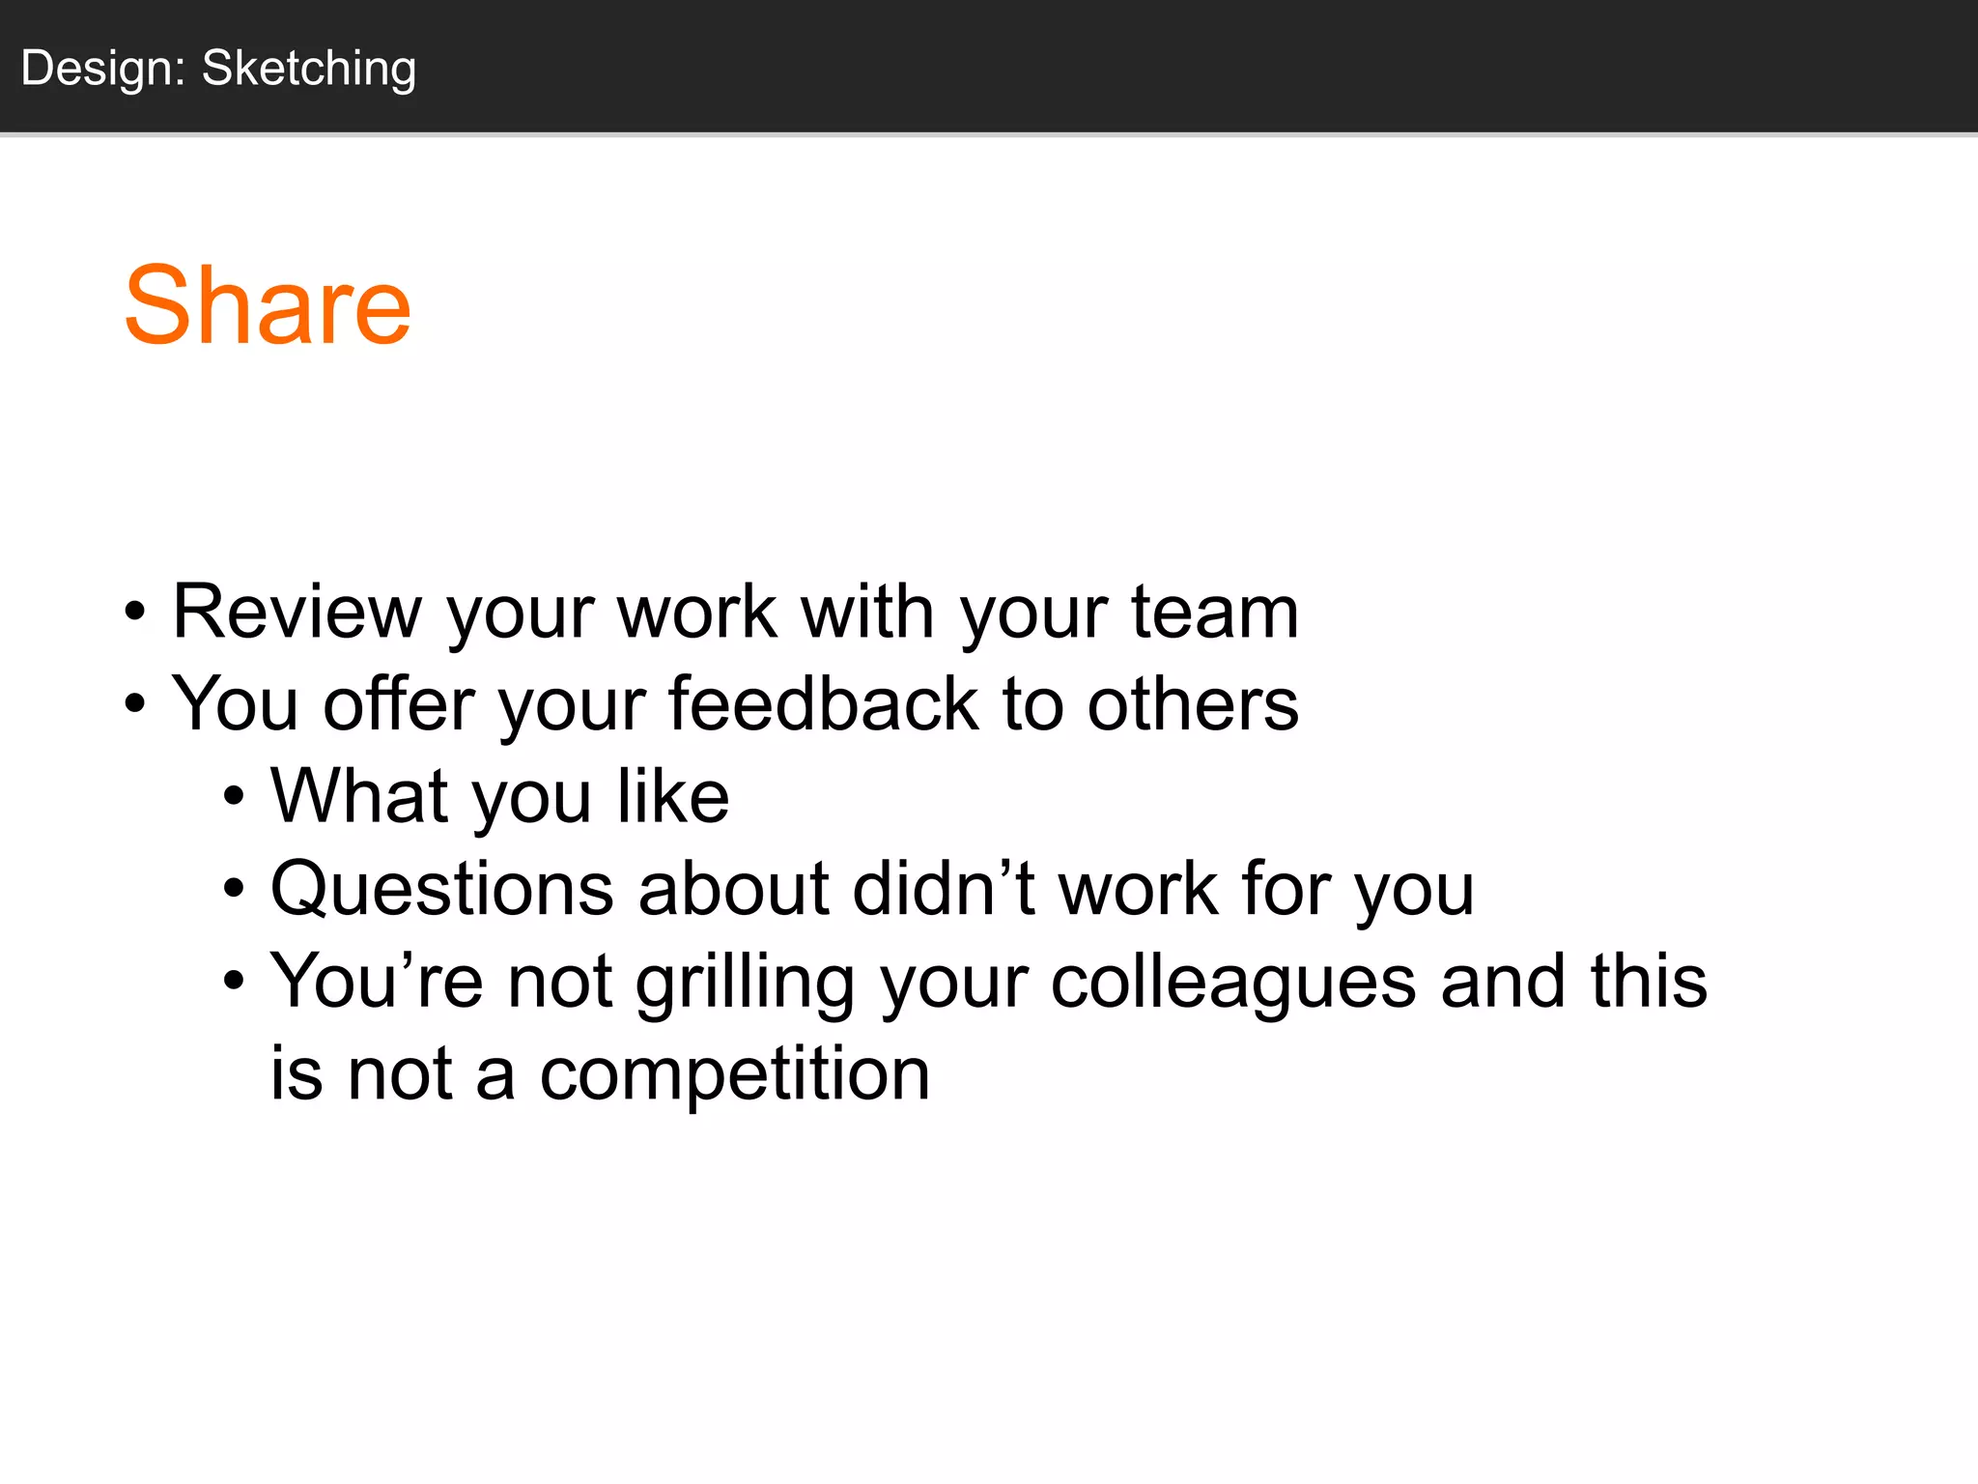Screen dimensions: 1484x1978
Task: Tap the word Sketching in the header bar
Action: pos(309,69)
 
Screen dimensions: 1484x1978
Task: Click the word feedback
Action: pos(823,703)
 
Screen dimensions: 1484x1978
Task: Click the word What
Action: pos(359,796)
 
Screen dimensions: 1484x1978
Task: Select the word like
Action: pos(673,796)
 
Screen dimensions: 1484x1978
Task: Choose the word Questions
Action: pos(441,889)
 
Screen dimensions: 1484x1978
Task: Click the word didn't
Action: pos(944,889)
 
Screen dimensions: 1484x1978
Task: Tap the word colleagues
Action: pos(1232,982)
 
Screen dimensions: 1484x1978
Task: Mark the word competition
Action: pos(734,1074)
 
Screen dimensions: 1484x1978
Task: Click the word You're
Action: pos(376,982)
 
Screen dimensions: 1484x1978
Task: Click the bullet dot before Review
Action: pos(135,613)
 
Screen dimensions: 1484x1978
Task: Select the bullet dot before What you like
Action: pos(234,798)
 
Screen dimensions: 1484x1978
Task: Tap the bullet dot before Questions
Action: pos(234,890)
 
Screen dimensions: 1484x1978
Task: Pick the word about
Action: pos(732,889)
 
